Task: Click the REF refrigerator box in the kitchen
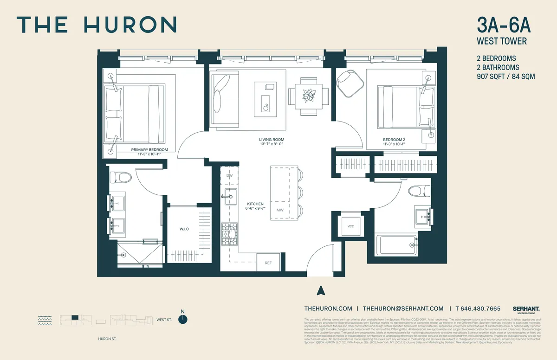pyautogui.click(x=268, y=263)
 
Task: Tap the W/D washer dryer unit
pyautogui.click(x=350, y=226)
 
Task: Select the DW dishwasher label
pyautogui.click(x=229, y=176)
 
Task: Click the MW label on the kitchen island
pyautogui.click(x=280, y=210)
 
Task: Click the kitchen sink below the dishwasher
pyautogui.click(x=229, y=197)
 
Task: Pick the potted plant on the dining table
pyautogui.click(x=309, y=96)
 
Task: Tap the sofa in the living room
pyautogui.click(x=225, y=98)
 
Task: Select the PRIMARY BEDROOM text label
pyautogui.click(x=149, y=150)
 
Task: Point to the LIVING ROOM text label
pyautogui.click(x=272, y=140)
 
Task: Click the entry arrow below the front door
pyautogui.click(x=319, y=291)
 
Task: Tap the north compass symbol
pyautogui.click(x=184, y=319)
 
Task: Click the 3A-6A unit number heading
pyautogui.click(x=502, y=25)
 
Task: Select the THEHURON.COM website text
pyautogui.click(x=328, y=309)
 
